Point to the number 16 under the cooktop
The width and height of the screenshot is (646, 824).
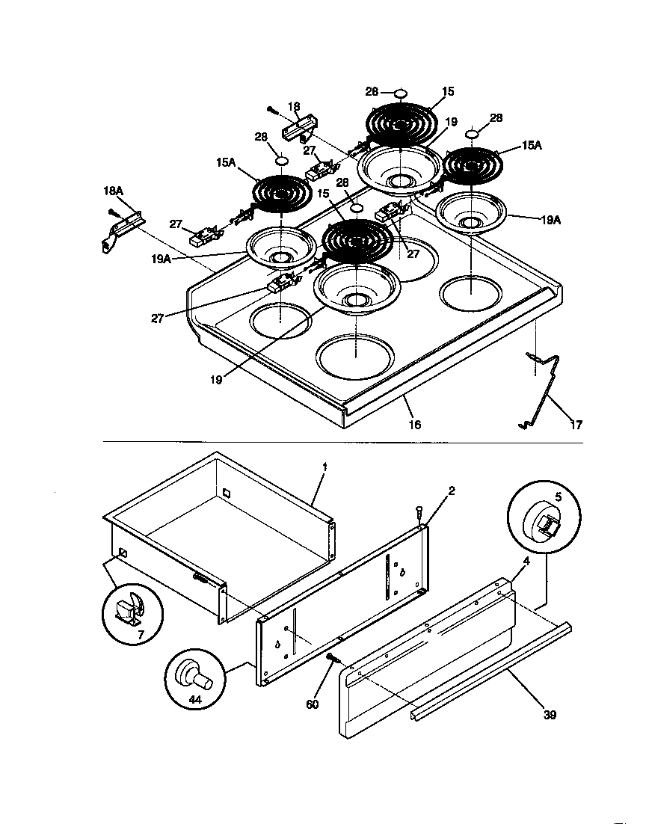pyautogui.click(x=414, y=425)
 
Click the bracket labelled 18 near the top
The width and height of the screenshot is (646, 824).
pyautogui.click(x=301, y=129)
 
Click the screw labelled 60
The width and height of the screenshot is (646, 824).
pyautogui.click(x=332, y=658)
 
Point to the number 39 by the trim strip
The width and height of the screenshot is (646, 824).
pyautogui.click(x=550, y=716)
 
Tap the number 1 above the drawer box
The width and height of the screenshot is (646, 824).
pyautogui.click(x=324, y=467)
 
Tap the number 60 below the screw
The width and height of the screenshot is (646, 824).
pyautogui.click(x=312, y=704)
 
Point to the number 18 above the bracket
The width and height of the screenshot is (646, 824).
pyautogui.click(x=294, y=107)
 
